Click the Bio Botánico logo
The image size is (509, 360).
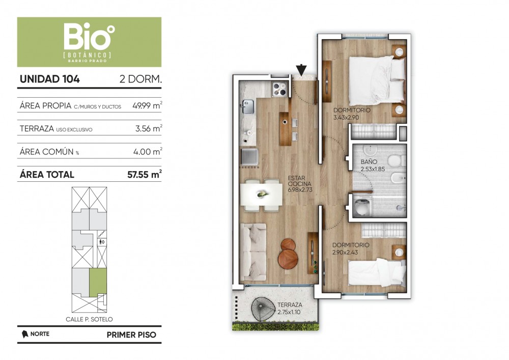click(x=89, y=42)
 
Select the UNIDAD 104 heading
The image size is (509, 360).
click(x=50, y=79)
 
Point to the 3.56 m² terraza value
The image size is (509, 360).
click(x=149, y=128)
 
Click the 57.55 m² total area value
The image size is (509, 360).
click(x=145, y=174)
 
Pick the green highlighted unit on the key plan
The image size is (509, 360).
click(x=98, y=282)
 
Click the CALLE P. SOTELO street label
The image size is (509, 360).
click(x=89, y=319)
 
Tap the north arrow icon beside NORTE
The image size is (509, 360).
click(x=24, y=334)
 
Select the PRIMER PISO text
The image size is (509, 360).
click(x=131, y=335)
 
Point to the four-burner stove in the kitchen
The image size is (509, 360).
click(x=279, y=89)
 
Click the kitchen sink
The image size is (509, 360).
click(x=247, y=106)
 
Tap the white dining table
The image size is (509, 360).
click(x=261, y=195)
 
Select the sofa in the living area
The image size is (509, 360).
click(x=253, y=252)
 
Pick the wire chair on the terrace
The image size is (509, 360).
click(x=263, y=309)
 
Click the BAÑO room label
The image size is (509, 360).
click(x=369, y=161)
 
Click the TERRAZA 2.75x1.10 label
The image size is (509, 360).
click(x=290, y=309)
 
